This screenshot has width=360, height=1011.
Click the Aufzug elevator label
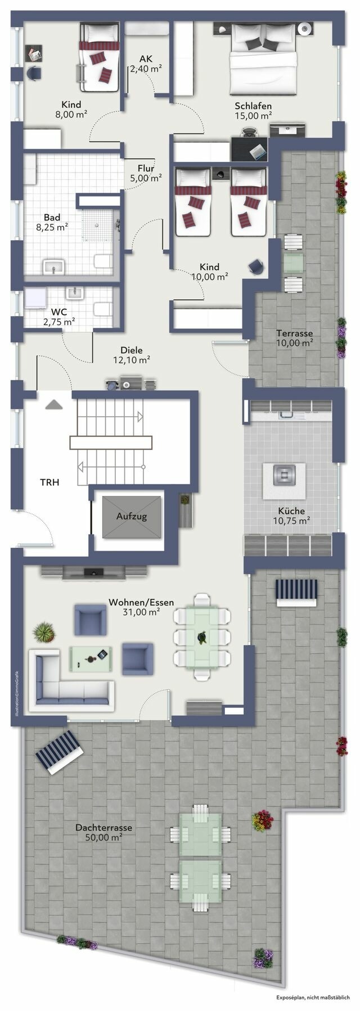pyautogui.click(x=132, y=516)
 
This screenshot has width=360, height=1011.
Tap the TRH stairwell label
pyautogui.click(x=49, y=482)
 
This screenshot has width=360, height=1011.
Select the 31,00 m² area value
pyautogui.click(x=141, y=612)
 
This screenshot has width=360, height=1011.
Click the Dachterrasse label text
pyautogui.click(x=103, y=828)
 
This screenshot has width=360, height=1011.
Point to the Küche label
pyautogui.click(x=291, y=511)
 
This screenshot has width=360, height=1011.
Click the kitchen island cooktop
pyautogui.click(x=283, y=475)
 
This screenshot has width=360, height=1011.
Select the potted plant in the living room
pyautogui.click(x=44, y=633)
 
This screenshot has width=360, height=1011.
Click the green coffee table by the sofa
pyautogui.click(x=90, y=657)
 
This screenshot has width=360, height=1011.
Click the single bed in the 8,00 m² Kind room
pyautogui.click(x=99, y=57)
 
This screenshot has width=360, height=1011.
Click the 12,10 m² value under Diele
pyautogui.click(x=132, y=360)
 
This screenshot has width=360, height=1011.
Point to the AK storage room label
pyautogui.click(x=146, y=58)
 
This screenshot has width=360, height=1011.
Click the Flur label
pyautogui.click(x=146, y=168)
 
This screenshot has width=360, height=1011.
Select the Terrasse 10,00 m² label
pyautogui.click(x=294, y=337)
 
